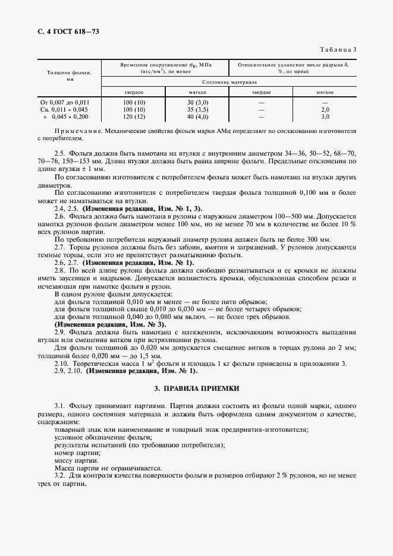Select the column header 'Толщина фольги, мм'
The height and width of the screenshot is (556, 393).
[70, 75]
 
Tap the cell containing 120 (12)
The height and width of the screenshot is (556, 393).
[133, 117]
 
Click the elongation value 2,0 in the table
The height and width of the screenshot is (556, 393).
[325, 109]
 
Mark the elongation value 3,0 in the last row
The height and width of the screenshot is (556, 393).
[325, 117]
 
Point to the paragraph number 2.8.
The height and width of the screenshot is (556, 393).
[59, 270]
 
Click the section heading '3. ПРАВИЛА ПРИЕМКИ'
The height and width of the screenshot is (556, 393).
[196, 388]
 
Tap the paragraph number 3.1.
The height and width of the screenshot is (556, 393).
[59, 405]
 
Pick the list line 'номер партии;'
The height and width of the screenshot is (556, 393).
[77, 453]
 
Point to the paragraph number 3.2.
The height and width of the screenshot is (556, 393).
[59, 476]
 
